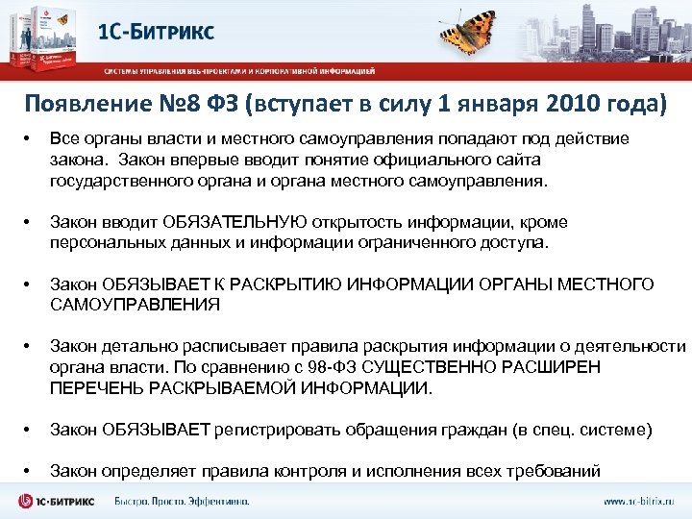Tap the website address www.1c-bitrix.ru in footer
639,501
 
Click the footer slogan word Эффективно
217,501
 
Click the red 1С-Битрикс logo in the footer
59,501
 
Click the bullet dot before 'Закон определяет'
28,471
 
